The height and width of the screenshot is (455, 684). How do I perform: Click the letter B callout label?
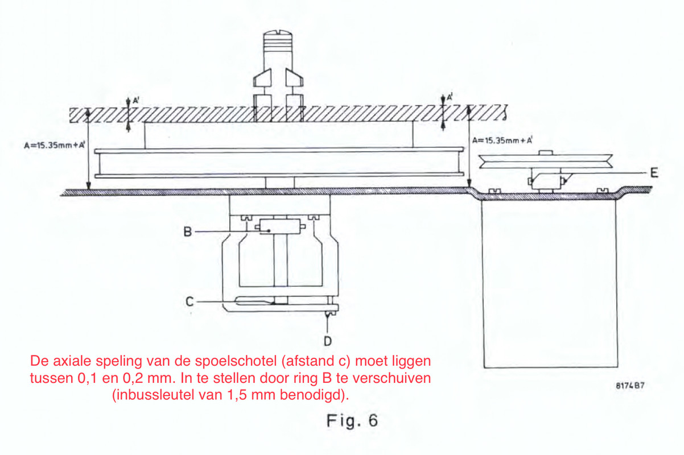click(x=187, y=232)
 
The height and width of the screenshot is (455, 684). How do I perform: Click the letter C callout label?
click(x=189, y=301)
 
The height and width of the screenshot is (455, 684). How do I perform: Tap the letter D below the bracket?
click(x=328, y=341)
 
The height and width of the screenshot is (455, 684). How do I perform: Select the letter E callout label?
click(x=654, y=173)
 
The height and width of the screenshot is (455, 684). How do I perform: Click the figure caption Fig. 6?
click(x=352, y=420)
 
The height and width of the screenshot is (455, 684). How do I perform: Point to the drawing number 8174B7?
click(x=630, y=386)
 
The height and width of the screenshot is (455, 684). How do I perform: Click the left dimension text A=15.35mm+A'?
click(x=55, y=145)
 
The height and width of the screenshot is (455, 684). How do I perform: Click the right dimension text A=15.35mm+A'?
click(x=502, y=140)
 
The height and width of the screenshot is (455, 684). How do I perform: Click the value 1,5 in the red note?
click(x=237, y=395)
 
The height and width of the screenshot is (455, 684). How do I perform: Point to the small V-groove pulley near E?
click(x=546, y=162)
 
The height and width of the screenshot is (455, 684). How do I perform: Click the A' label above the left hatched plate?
click(x=136, y=100)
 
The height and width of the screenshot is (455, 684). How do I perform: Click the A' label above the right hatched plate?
click(x=450, y=97)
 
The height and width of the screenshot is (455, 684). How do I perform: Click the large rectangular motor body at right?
click(x=549, y=283)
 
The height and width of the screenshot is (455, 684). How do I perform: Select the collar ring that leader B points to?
click(x=280, y=227)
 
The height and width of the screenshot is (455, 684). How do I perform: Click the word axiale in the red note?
click(x=72, y=361)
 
